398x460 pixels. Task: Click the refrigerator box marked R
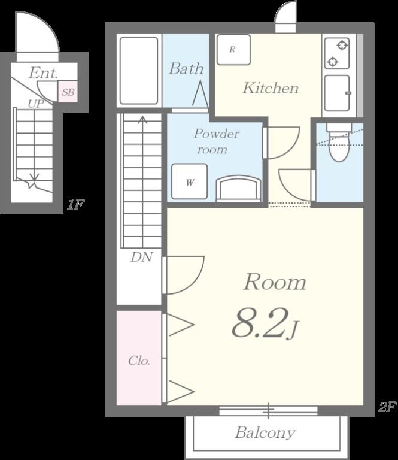pyautogui.click(x=233, y=50)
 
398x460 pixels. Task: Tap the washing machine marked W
pyautogui.click(x=189, y=181)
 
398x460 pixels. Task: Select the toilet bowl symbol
pyautogui.click(x=339, y=143)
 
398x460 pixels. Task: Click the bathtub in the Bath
pyautogui.click(x=139, y=71)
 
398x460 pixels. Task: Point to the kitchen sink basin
pyautogui.click(x=337, y=93)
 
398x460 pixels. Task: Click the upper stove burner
pyautogui.click(x=342, y=46)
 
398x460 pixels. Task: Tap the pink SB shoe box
pyautogui.click(x=68, y=92)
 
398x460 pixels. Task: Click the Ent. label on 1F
pyautogui.click(x=43, y=72)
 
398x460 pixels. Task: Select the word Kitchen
pyautogui.click(x=270, y=88)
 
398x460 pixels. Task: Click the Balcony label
pyautogui.click(x=265, y=432)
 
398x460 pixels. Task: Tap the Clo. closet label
pyautogui.click(x=139, y=361)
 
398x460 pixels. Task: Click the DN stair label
pyautogui.click(x=141, y=258)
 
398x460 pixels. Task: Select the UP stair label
pyautogui.click(x=36, y=103)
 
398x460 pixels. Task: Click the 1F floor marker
pyautogui.click(x=75, y=204)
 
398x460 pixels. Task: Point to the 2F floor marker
pyautogui.click(x=387, y=407)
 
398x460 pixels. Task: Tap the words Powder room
pyautogui.click(x=216, y=141)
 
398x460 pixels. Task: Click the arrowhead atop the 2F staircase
pyautogui.click(x=142, y=119)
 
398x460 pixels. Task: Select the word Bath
pyautogui.click(x=186, y=69)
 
